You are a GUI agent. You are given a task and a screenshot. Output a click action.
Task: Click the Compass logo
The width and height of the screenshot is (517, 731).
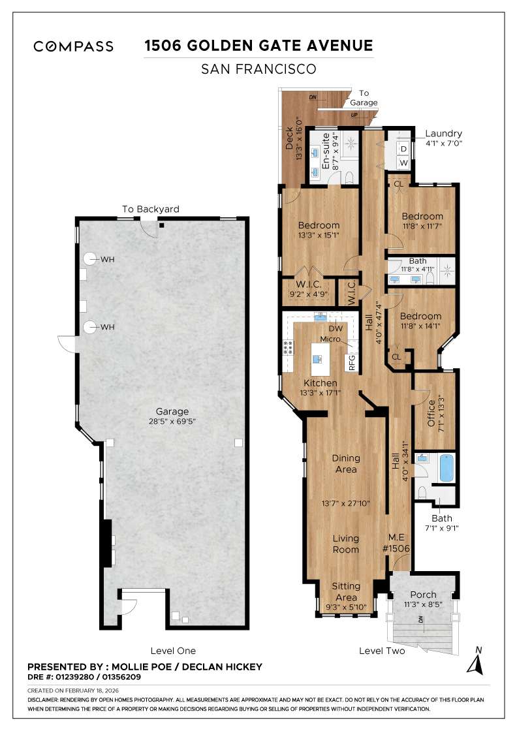[x=74, y=46]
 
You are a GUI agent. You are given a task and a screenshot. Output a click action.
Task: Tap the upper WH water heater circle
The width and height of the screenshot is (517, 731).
[x=89, y=259]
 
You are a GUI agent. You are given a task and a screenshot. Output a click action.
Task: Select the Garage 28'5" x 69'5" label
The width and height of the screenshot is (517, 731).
[x=172, y=416]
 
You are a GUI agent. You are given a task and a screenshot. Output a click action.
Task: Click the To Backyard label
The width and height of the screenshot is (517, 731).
[x=150, y=209]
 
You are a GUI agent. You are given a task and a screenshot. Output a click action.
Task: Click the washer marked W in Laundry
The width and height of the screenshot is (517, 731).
[x=403, y=163]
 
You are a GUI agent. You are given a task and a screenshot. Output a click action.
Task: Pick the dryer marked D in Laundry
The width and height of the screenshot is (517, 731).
[x=403, y=148]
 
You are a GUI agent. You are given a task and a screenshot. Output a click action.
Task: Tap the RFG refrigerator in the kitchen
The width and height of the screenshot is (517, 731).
[x=352, y=362]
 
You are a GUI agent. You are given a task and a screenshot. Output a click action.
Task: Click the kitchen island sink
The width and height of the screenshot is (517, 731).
[x=317, y=358]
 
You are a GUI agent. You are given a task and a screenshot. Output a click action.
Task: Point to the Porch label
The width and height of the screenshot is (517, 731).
[x=423, y=595]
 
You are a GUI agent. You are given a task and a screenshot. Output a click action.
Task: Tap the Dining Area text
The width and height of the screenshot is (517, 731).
[x=345, y=463]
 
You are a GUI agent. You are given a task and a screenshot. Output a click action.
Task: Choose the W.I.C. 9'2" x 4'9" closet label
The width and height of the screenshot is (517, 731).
[x=306, y=289]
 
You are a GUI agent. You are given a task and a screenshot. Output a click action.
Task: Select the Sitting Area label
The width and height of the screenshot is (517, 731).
[x=345, y=591]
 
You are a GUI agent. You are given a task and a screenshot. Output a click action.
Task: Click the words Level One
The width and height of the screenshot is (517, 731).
[x=172, y=651]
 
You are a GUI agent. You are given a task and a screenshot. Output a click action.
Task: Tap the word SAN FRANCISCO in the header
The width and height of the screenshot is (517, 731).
[x=258, y=69]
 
